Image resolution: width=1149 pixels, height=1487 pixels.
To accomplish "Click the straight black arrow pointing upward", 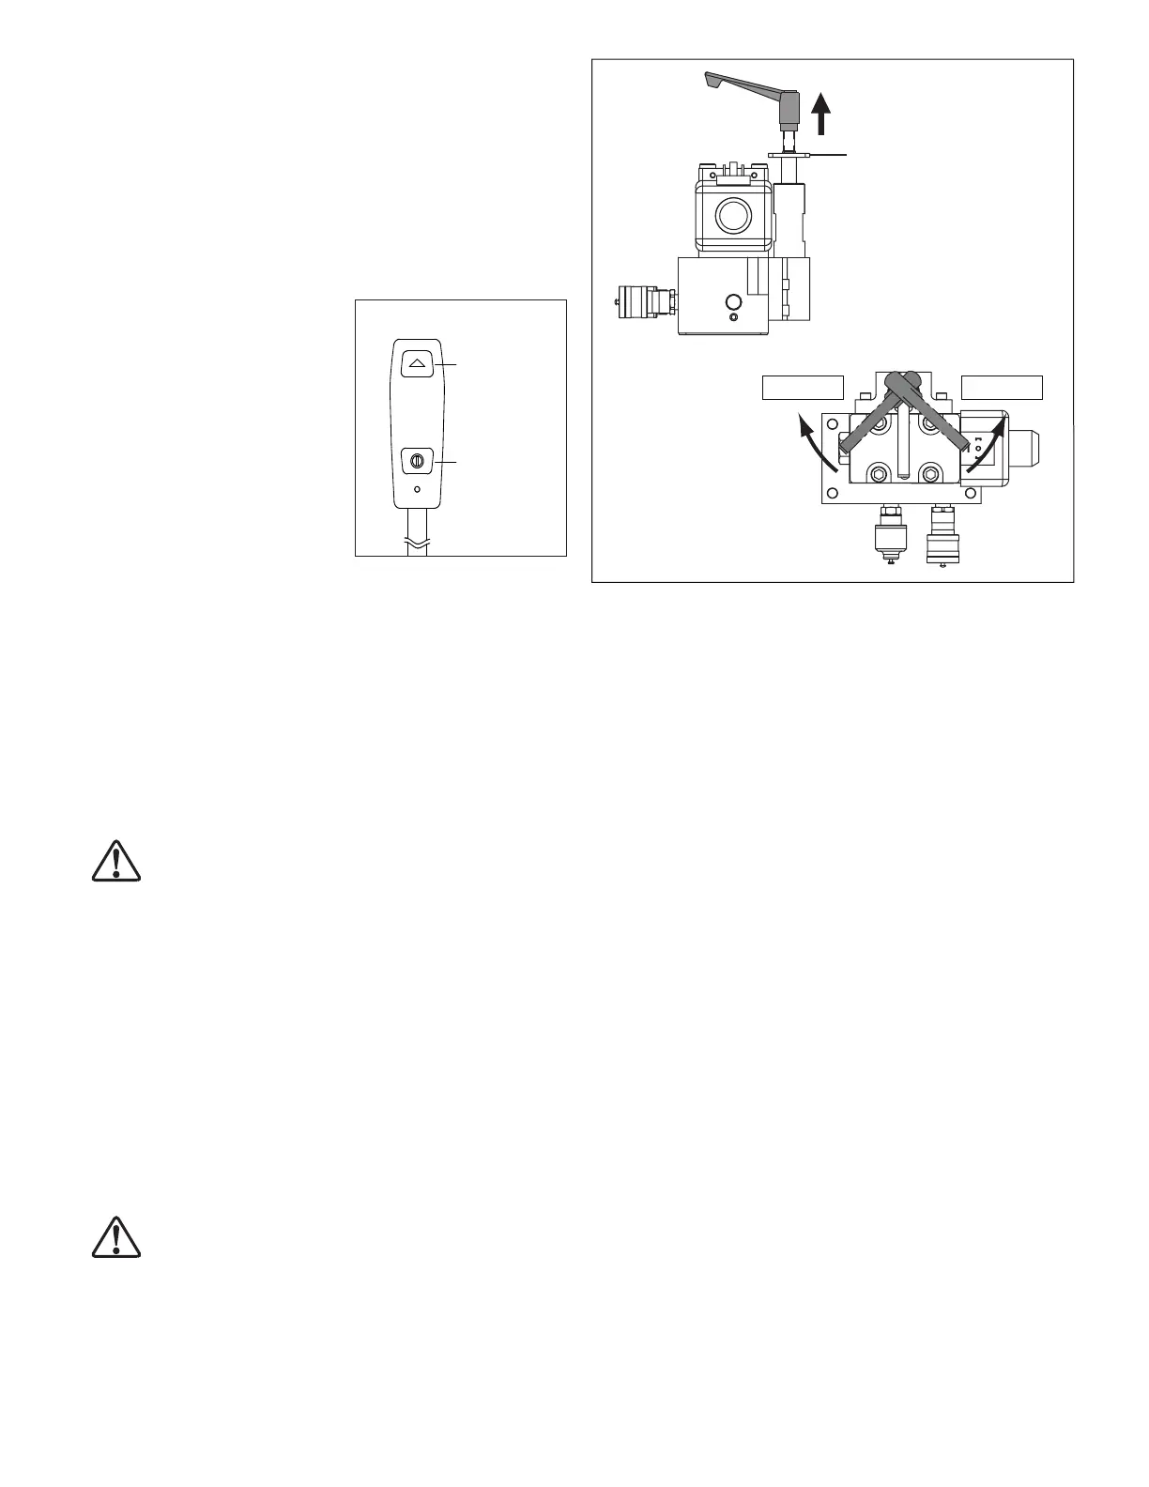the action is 821,115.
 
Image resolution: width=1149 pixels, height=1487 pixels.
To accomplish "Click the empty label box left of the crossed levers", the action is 801,388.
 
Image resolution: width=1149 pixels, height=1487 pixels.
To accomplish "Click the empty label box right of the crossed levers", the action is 1003,388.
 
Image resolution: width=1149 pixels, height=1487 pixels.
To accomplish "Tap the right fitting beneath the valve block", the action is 941,537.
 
